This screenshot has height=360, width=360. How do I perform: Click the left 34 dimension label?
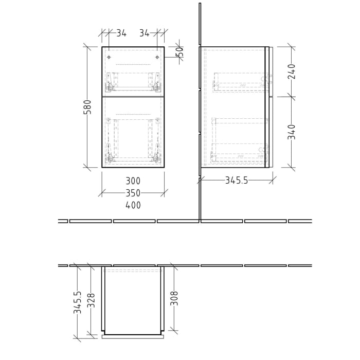pos(121,33)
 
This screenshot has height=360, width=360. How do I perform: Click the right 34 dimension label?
pos(144,33)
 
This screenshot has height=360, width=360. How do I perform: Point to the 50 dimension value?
pos(179,52)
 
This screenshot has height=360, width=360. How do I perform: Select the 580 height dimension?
pos(88,107)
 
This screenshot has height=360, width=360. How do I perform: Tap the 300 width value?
pos(133,181)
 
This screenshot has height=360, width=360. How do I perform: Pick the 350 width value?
pos(133,193)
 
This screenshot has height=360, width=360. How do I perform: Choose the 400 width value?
pos(133,205)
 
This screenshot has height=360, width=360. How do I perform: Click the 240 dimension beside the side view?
pos(292,71)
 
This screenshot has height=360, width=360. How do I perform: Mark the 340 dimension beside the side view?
pos(292,132)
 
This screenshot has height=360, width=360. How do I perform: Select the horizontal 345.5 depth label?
pos(237,181)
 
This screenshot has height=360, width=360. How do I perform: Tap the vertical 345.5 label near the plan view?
pos(78,302)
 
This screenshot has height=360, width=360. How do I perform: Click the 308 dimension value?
pos(174,298)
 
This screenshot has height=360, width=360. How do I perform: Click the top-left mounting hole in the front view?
pos(109,57)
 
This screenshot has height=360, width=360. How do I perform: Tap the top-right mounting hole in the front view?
pos(157,57)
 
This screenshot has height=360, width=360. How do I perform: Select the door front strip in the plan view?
pos(133,337)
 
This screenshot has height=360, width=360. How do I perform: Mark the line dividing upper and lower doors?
pos(133,96)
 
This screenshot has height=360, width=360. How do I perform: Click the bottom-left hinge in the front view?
pos(109,152)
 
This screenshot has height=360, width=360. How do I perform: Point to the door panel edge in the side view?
pos(267,107)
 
